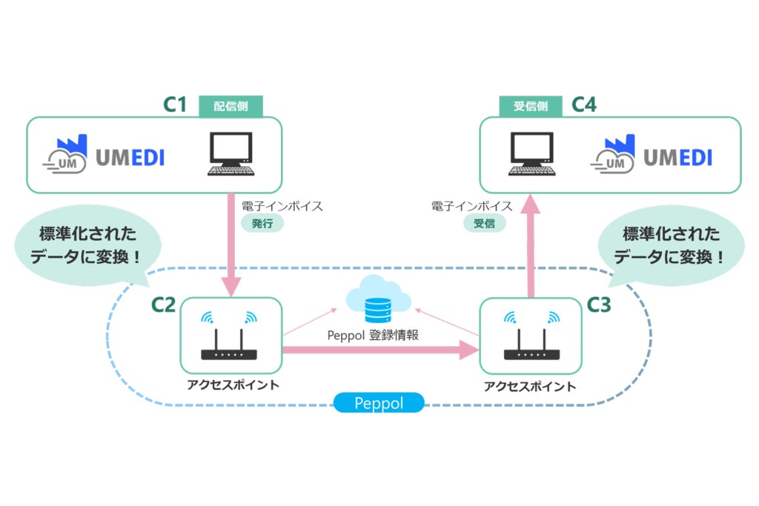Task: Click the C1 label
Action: [x=175, y=105]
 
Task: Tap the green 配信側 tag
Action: [x=231, y=106]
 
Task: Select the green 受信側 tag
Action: [x=530, y=106]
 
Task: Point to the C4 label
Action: [x=584, y=105]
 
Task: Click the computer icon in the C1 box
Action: [x=231, y=153]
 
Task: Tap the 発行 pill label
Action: [x=262, y=222]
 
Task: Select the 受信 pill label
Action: [x=484, y=222]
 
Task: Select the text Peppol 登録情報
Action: [x=374, y=335]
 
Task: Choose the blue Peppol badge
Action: [x=379, y=404]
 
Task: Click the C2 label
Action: [x=163, y=304]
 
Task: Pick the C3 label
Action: [x=599, y=304]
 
